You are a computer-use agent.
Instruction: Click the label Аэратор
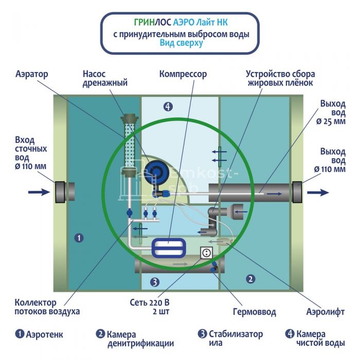point(31,74)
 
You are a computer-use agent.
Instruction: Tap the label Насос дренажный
point(105,78)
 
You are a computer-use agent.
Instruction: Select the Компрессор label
point(183,74)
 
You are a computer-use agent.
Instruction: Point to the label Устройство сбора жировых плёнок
point(281,78)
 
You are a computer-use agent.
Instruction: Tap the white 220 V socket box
point(206,253)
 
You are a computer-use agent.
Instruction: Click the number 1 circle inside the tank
point(78,238)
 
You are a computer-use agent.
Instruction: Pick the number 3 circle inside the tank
point(155,282)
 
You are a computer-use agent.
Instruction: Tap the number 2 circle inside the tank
point(250,279)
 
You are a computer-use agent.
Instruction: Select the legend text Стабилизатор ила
point(231,339)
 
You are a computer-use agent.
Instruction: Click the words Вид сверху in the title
point(181,44)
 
